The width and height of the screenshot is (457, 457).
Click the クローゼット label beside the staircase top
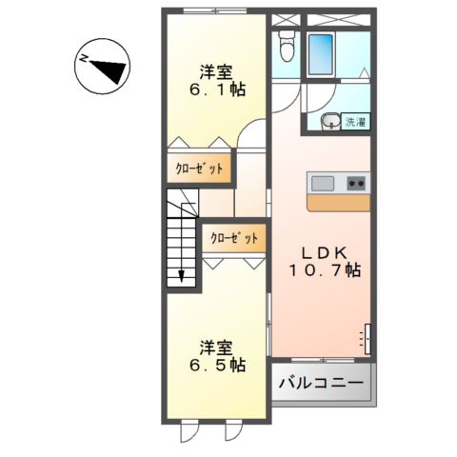coord(200,169)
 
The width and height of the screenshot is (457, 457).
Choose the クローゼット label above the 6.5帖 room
coord(233,239)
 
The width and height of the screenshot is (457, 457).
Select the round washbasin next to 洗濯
coord(328,120)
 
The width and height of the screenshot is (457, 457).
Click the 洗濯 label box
coord(355,122)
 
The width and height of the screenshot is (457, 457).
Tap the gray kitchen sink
coord(320,183)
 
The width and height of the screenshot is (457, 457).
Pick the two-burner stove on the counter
coord(357,183)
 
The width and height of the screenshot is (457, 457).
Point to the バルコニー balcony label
coord(321,383)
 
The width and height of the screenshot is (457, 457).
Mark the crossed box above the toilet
coord(285,18)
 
